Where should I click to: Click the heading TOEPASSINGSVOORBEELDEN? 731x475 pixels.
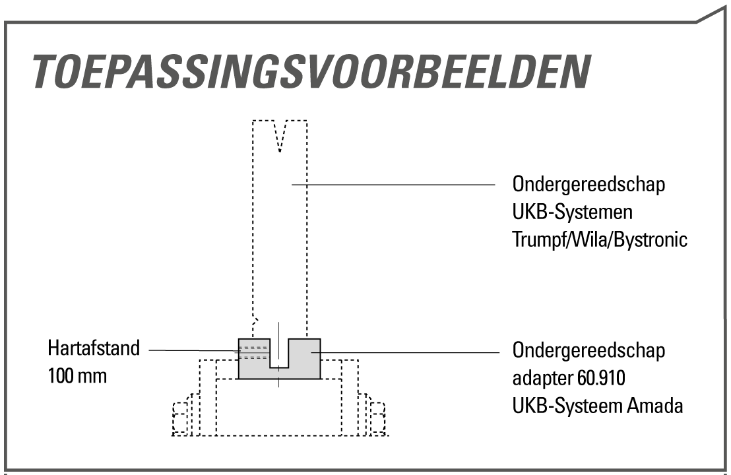click(x=311, y=72)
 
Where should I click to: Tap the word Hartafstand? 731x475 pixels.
click(x=94, y=348)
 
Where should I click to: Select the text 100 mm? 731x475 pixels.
click(x=77, y=375)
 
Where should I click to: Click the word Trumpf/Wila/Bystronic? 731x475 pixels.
click(x=600, y=239)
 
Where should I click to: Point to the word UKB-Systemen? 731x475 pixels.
click(x=573, y=212)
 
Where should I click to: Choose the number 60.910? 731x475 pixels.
click(x=601, y=378)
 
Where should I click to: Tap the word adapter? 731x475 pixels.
click(x=542, y=379)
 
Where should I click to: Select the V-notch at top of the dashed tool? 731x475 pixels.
click(x=280, y=136)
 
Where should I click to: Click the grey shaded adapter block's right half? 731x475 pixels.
click(x=304, y=358)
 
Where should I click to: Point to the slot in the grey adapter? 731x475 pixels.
click(x=279, y=354)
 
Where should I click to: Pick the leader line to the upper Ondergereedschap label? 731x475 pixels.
click(x=393, y=185)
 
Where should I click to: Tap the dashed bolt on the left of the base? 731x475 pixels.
click(x=180, y=418)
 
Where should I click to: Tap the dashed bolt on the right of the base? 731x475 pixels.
click(x=378, y=418)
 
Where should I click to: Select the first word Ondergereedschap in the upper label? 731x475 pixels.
click(x=588, y=185)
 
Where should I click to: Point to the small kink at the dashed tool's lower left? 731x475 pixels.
click(x=255, y=321)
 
